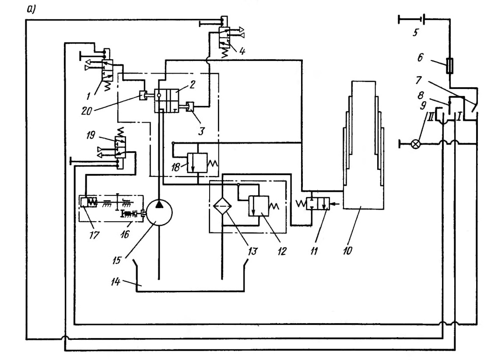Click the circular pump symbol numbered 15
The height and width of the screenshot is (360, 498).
coord(159,212)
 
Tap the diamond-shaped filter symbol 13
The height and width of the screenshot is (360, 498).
coord(223,206)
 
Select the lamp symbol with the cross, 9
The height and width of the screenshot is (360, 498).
coord(415,144)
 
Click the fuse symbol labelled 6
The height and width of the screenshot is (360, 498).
coord(449,66)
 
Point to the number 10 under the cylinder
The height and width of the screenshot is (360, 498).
coord(347,251)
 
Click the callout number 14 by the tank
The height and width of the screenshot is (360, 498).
coord(115,282)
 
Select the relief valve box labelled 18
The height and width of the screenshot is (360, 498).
coord(197,162)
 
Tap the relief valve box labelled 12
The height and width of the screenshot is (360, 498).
coord(259,206)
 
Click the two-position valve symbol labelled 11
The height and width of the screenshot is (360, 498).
coord(317,203)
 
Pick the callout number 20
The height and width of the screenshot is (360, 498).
coord(86,110)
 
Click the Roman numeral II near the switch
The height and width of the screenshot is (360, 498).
coord(430,117)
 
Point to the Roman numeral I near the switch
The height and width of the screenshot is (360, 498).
coord(459,117)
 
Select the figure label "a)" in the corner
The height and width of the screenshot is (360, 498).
coord(31,10)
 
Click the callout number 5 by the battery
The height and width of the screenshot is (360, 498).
coord(415,32)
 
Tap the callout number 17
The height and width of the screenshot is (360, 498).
coord(95,235)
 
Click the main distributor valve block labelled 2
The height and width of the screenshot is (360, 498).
coord(166,101)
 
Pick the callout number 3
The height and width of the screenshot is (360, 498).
coord(201,131)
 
